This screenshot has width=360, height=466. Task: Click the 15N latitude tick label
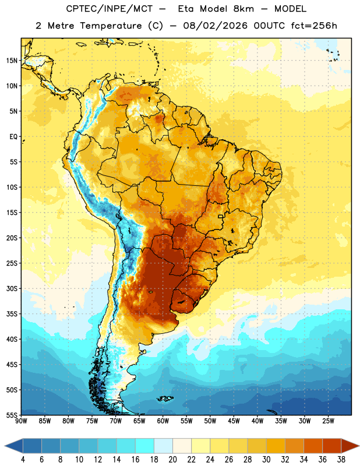(x=12, y=61)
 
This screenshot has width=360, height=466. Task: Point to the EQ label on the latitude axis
(x=13, y=137)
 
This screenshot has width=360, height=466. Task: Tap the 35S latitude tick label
(x=12, y=314)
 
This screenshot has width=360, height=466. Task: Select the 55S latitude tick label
(x=12, y=415)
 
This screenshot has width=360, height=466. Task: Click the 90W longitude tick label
(x=21, y=421)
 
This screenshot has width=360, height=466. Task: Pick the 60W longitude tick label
(x=163, y=421)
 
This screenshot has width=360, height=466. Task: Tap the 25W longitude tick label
(x=328, y=421)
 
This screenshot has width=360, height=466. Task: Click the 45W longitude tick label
(x=234, y=421)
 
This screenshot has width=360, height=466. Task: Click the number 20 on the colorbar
(x=172, y=460)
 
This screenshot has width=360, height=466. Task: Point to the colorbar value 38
(x=341, y=460)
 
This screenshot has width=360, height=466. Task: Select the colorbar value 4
(x=23, y=460)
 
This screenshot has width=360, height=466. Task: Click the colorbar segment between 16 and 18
(x=145, y=446)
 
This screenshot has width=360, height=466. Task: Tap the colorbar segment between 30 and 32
(x=276, y=446)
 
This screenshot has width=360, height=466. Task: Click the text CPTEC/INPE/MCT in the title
(x=109, y=9)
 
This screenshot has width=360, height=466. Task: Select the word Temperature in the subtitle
(x=111, y=26)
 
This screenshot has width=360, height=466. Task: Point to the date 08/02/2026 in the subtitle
(x=215, y=26)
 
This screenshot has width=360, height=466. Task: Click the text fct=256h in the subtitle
(x=314, y=26)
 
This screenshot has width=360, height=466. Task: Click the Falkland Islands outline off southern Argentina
(x=165, y=398)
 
